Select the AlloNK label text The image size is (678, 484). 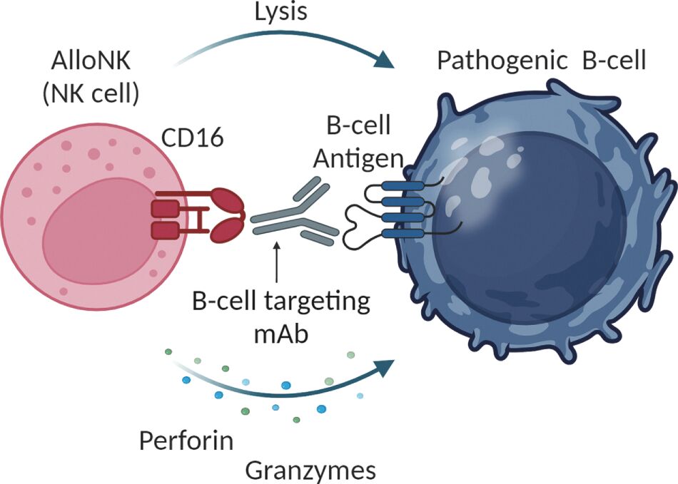pos(90,61)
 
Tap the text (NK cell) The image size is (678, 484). pos(90,93)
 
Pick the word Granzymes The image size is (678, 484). pos(310,470)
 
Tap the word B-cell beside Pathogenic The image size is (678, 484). pos(614,61)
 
